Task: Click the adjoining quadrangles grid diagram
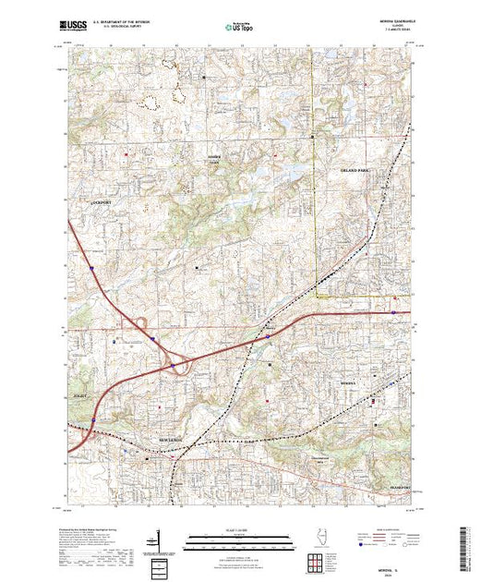point(319,562)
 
